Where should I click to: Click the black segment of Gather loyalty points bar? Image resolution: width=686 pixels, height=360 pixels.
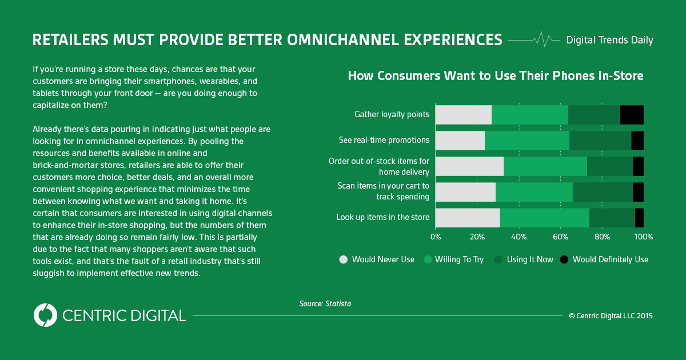click(632, 114)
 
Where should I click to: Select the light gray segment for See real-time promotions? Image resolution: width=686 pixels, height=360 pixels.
click(460, 141)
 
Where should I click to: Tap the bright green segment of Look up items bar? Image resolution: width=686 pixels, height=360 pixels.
click(544, 218)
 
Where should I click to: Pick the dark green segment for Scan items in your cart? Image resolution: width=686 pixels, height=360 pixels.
click(603, 192)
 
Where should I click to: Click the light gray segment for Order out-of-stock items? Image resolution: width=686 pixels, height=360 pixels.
click(469, 166)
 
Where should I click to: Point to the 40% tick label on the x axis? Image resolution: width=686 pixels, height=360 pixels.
click(519, 237)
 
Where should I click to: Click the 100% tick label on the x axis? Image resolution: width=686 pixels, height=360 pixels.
click(644, 237)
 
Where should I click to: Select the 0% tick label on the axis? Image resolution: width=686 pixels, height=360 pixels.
click(436, 237)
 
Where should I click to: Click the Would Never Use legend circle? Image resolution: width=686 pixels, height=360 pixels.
click(344, 259)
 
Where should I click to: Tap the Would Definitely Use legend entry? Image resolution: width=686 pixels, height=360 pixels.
click(604, 259)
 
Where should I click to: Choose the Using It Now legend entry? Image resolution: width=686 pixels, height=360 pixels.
click(524, 259)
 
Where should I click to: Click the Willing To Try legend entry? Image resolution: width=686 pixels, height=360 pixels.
click(454, 259)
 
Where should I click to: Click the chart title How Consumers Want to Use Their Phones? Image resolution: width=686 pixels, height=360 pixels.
click(496, 75)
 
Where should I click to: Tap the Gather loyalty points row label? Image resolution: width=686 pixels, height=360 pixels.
click(392, 114)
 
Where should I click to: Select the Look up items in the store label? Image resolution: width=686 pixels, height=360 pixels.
click(382, 217)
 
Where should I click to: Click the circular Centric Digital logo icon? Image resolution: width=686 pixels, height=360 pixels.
click(45, 315)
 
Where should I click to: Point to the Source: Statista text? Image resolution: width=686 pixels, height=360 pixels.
click(325, 303)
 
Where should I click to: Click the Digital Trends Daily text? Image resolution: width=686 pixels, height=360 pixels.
click(609, 40)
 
